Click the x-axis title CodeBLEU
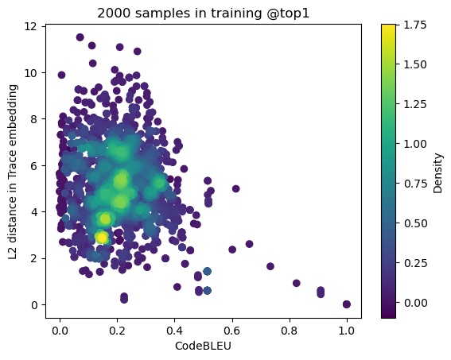(x=203, y=346)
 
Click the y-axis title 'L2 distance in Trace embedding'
(x=12, y=171)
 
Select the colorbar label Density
(x=437, y=171)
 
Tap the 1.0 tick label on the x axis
(x=346, y=330)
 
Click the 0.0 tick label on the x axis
(x=60, y=330)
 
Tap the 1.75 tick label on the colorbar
(x=412, y=25)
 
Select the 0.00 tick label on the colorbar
(x=412, y=292)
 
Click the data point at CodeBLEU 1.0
(x=346, y=304)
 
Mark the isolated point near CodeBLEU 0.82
(x=296, y=283)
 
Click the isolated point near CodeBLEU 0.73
(x=270, y=266)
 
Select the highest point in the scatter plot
(x=80, y=37)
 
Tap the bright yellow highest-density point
(x=102, y=237)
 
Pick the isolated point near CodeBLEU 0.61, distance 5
(x=235, y=188)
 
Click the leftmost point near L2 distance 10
(x=61, y=75)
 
